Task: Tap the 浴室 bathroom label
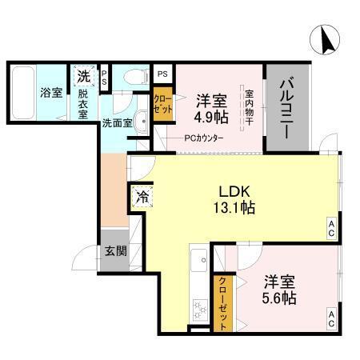click(x=52, y=92)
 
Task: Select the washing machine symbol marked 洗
click(x=84, y=77)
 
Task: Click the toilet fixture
click(x=134, y=78)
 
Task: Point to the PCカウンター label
click(x=204, y=138)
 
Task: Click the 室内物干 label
click(x=249, y=105)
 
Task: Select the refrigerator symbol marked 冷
click(x=142, y=194)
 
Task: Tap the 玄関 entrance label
click(x=115, y=250)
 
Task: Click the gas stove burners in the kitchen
click(x=198, y=307)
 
